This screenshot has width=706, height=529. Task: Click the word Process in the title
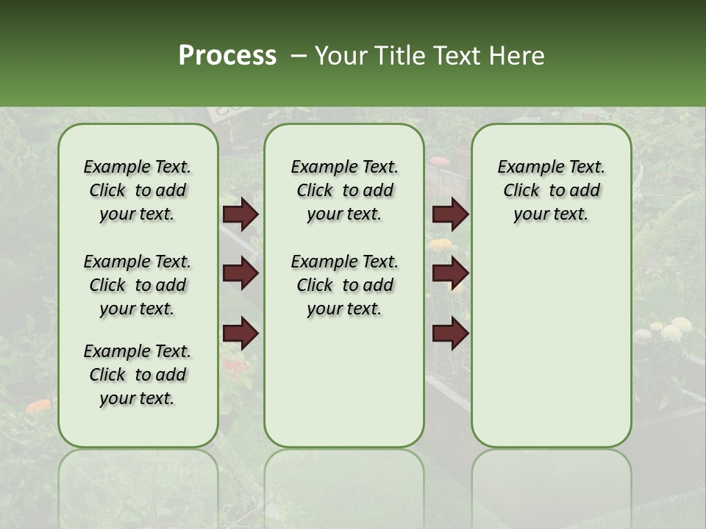227,56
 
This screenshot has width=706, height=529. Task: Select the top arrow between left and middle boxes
240,214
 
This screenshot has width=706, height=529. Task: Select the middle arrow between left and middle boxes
240,273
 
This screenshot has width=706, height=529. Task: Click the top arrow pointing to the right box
450,214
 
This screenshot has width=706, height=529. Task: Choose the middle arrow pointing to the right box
450,273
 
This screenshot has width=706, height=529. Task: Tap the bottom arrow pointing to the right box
450,334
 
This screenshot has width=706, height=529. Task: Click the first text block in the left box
138,190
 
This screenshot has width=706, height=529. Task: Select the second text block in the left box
138,285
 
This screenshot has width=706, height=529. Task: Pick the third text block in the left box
138,375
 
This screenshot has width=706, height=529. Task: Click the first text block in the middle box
344,190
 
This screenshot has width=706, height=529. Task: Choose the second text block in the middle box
344,285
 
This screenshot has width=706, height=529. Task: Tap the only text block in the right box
551,190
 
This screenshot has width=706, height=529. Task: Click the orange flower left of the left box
38,406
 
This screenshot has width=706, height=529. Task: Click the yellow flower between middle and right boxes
441,244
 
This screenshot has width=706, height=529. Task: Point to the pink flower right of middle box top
440,162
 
